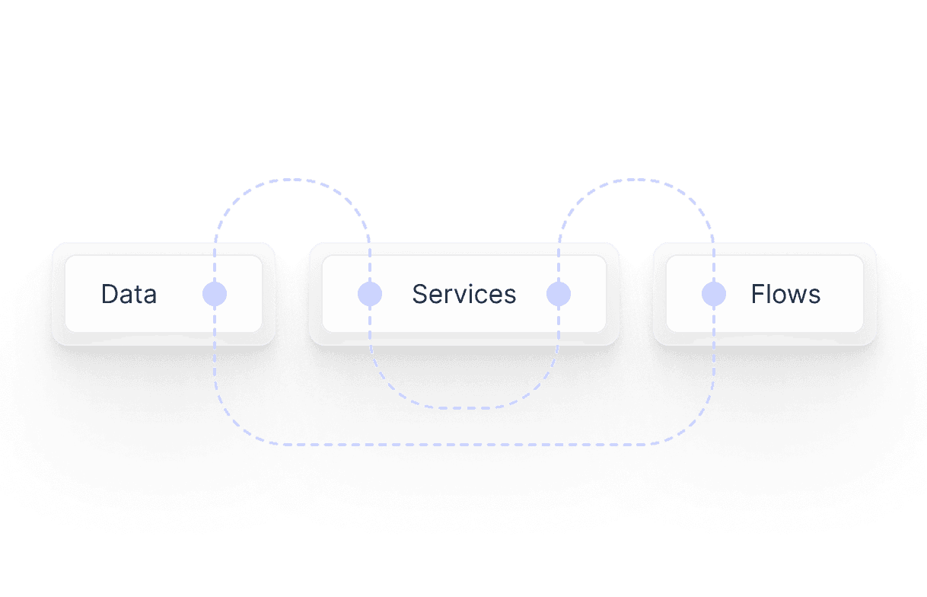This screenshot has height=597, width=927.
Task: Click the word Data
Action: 129,294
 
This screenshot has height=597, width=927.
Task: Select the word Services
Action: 463,294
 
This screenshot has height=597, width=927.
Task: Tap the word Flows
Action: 785,294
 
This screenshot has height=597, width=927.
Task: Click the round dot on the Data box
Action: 215,294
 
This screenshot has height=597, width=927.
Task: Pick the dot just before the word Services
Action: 370,294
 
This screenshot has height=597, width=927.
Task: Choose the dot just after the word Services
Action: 559,294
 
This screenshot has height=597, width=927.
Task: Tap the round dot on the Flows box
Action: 714,294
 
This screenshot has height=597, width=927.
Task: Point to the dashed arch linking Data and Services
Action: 292,180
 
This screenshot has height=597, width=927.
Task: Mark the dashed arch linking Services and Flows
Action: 636,180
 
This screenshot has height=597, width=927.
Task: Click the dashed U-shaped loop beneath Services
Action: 464,407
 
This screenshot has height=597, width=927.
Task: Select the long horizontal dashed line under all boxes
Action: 464,443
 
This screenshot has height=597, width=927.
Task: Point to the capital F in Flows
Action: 758,294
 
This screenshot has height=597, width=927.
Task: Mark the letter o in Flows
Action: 779,295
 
